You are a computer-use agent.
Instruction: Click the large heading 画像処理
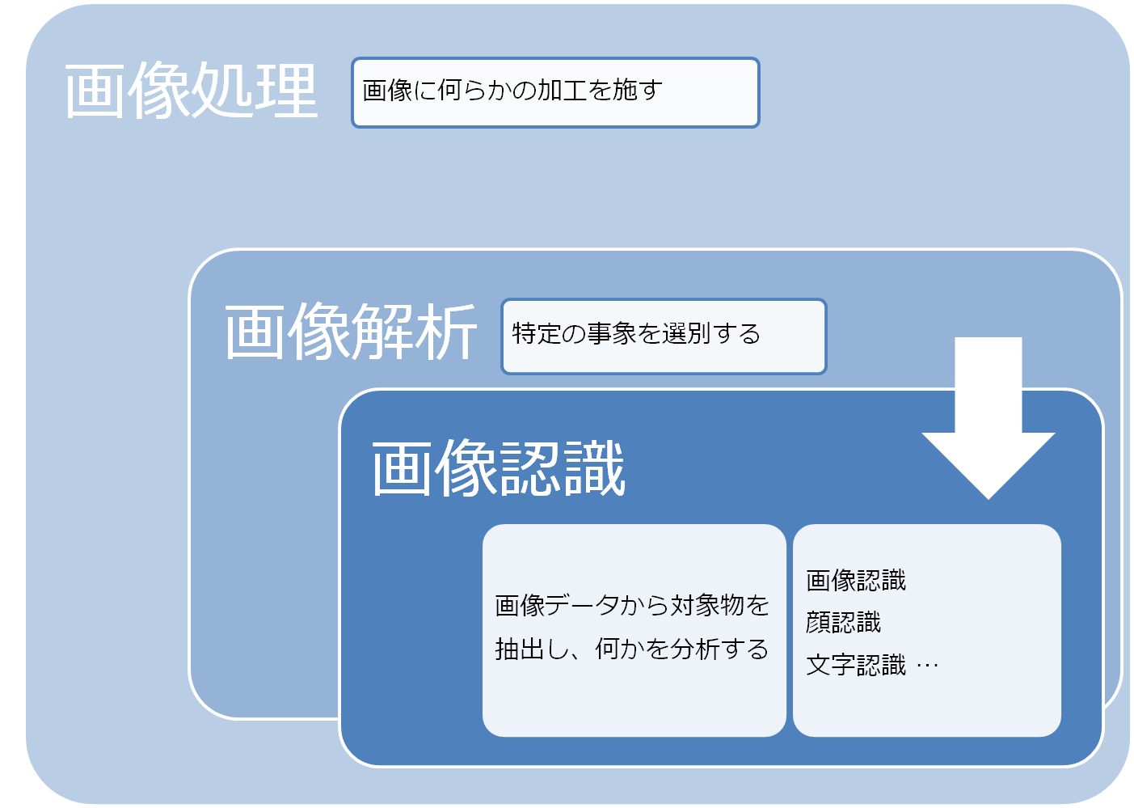click(191, 90)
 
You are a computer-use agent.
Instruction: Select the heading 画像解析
click(351, 332)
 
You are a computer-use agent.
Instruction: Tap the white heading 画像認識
click(499, 468)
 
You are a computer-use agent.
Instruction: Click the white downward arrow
click(989, 418)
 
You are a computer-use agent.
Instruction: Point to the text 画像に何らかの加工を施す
click(512, 91)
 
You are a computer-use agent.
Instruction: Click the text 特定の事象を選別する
click(636, 334)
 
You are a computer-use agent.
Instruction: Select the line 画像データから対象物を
click(632, 605)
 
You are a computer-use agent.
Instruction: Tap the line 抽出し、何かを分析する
click(632, 649)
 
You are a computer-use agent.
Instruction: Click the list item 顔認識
click(843, 622)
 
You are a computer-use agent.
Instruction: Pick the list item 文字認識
click(856, 665)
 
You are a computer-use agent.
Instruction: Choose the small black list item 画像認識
click(856, 580)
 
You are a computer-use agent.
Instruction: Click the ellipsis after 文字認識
click(927, 666)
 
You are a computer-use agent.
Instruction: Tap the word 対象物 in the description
click(707, 605)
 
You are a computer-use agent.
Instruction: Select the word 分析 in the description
click(694, 649)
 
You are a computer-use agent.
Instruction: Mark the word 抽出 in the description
click(520, 649)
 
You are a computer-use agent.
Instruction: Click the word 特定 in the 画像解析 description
click(537, 334)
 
